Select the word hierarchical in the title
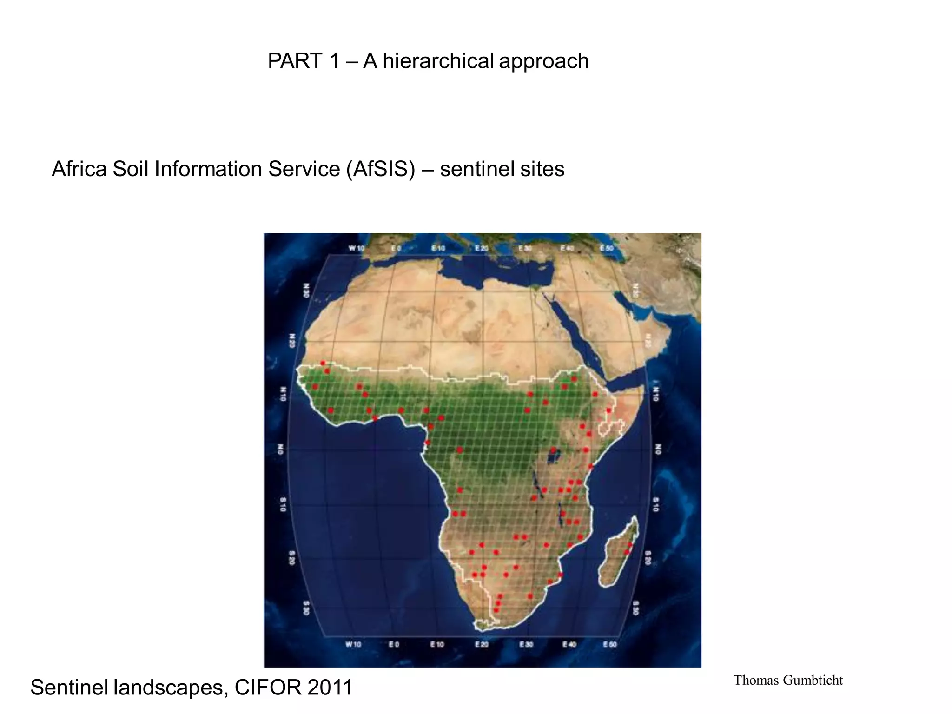pos(438,61)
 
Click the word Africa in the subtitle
pos(79,169)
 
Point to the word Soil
pos(132,169)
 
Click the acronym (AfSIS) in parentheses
pos(380,169)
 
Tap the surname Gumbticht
pos(813,681)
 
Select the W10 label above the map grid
pos(357,249)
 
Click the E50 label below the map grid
pos(609,644)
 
